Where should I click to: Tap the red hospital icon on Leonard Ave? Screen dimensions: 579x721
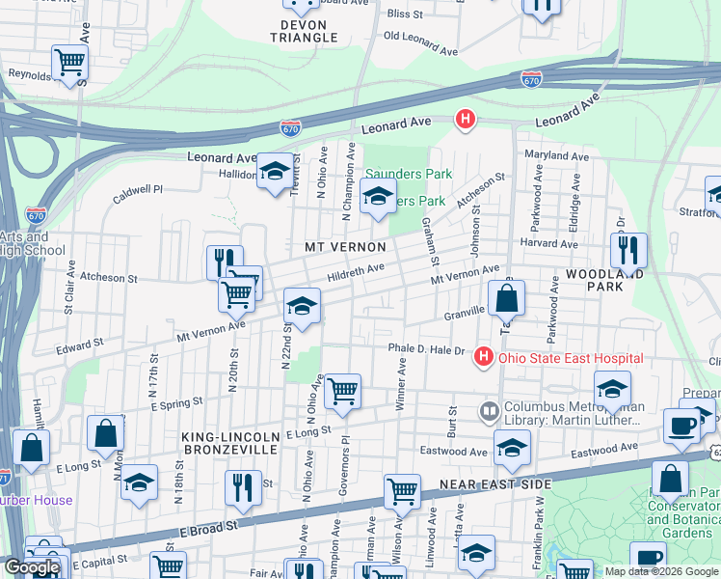(465, 120)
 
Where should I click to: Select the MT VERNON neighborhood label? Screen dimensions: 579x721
(338, 247)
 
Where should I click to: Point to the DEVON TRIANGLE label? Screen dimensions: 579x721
(304, 31)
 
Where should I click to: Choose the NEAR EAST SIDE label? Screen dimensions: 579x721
(494, 483)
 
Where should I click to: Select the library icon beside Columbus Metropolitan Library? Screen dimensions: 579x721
(490, 412)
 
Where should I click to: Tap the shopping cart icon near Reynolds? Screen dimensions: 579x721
(70, 64)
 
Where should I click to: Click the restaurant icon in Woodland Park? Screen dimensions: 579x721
(628, 250)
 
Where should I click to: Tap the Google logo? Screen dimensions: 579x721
(31, 567)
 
